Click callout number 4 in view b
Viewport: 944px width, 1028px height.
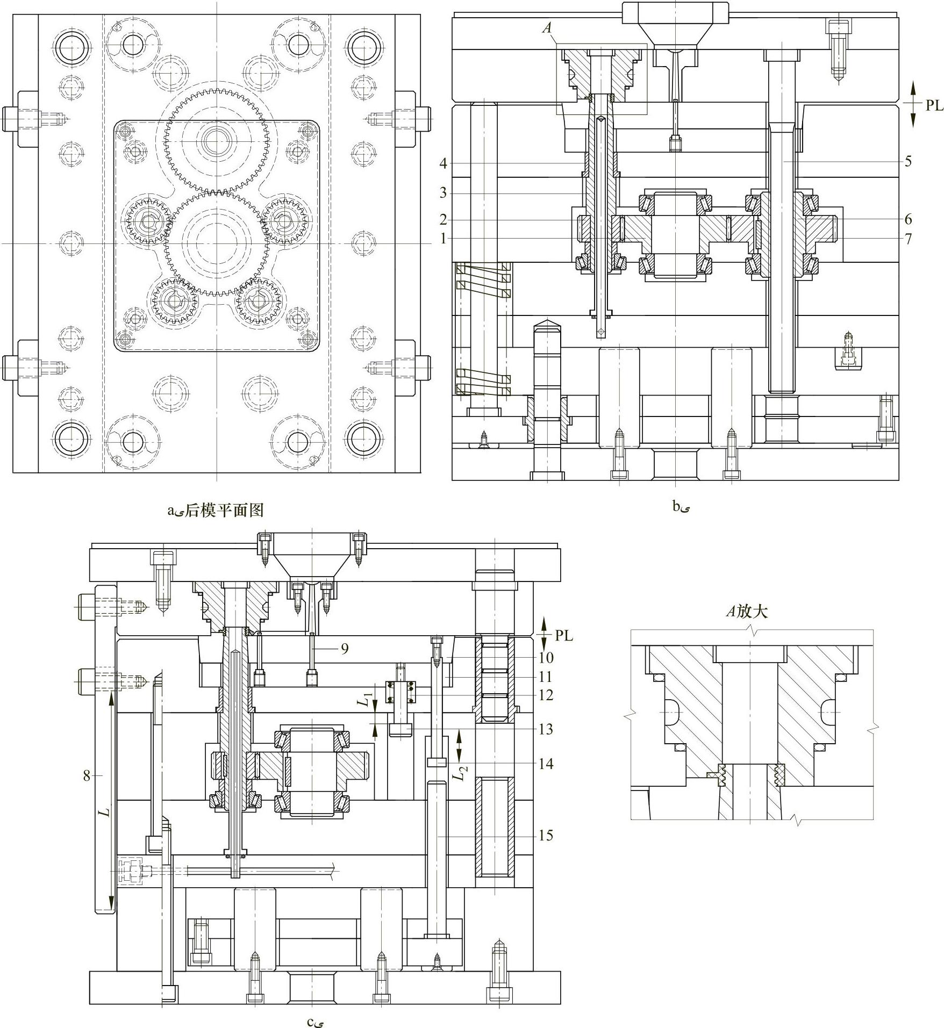(x=443, y=163)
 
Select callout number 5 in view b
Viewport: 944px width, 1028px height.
(x=908, y=161)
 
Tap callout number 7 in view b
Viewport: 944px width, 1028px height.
(x=908, y=238)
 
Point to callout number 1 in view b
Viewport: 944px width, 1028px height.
(x=443, y=238)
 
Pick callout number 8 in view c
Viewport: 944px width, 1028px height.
(x=87, y=775)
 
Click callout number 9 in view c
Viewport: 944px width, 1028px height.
(x=345, y=649)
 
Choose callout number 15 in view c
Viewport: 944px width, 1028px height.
(x=546, y=835)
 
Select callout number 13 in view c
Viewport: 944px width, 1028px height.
(x=546, y=729)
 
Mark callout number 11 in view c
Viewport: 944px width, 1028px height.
(x=546, y=677)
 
